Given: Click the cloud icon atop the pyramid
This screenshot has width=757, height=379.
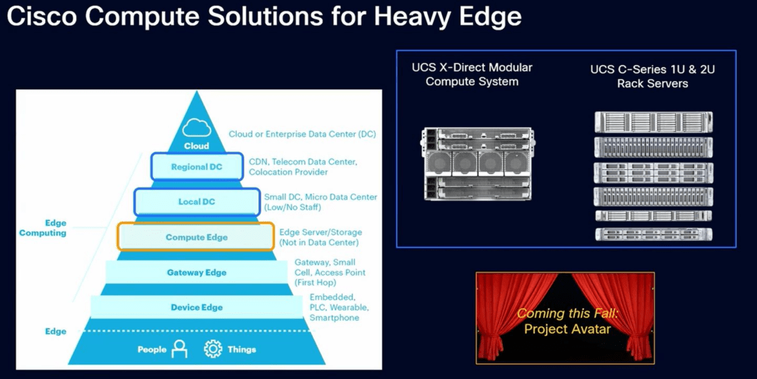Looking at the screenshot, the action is coord(197,128).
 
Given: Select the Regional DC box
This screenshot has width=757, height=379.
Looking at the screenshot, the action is coord(197,167).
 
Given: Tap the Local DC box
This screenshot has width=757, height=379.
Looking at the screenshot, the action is coord(197,202).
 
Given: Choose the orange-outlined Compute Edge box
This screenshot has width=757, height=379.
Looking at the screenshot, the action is coord(196,236).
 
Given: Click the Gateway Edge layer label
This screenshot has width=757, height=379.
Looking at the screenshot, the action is coord(197,273).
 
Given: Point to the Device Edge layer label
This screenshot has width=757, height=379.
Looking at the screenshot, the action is coord(197,307).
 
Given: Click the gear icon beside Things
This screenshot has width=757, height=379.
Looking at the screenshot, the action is coord(213,349).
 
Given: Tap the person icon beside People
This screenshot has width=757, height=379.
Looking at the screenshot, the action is coord(180,349).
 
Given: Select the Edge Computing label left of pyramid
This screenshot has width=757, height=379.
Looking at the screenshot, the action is coord(42,228).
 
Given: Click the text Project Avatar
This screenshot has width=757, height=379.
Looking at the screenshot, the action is coord(567,329).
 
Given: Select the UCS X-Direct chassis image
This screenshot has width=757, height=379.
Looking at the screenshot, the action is coord(478,164).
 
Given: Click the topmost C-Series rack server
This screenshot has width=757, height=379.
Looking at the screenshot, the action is coord(654,122).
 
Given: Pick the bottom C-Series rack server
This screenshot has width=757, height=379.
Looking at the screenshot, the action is coord(654,234).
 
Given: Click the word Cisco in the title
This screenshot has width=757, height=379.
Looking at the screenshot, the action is coord(42,17).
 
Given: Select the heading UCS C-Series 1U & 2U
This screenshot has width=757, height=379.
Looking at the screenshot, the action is coord(652,69).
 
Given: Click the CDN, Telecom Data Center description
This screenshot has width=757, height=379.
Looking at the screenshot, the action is coord(303,167).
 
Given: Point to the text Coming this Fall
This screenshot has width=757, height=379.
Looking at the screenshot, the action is coord(567,313).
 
